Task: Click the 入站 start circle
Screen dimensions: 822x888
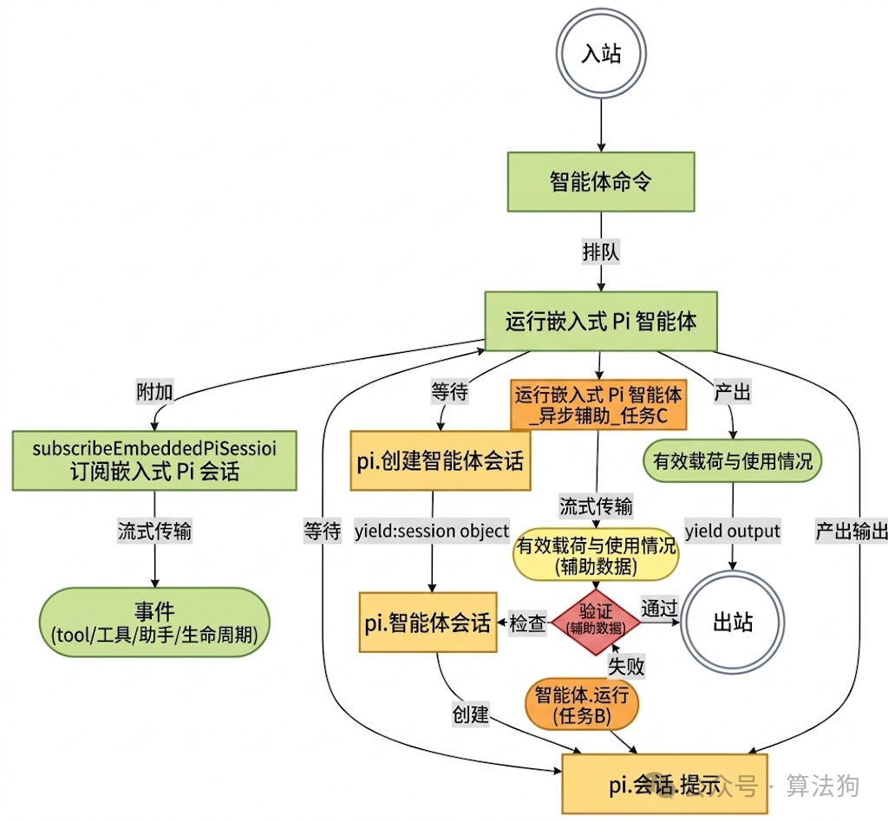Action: [601, 54]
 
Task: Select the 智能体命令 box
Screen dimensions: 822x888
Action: [601, 182]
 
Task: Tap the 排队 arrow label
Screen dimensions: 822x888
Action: [601, 251]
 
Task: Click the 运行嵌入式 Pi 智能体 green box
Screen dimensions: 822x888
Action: [601, 321]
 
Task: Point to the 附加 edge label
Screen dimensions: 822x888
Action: [155, 392]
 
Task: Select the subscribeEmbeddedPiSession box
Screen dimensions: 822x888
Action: [154, 460]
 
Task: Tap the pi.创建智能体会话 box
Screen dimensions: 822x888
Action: [440, 460]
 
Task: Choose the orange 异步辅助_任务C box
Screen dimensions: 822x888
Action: [597, 405]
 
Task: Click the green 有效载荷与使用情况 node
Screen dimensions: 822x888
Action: [733, 460]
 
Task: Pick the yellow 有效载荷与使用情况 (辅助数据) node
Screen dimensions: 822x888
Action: [596, 556]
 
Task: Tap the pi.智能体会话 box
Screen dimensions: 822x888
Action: [428, 623]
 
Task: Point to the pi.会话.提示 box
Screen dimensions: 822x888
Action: [665, 785]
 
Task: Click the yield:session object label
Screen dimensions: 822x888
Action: [432, 531]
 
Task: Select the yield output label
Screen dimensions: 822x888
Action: [733, 531]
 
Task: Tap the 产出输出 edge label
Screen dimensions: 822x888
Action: [851, 531]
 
